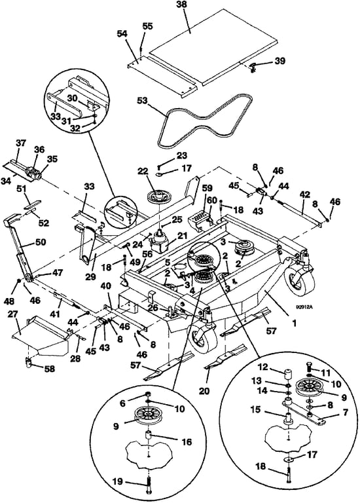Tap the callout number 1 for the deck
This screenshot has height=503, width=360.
294,324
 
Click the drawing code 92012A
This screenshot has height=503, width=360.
304,307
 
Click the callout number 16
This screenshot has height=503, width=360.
187,442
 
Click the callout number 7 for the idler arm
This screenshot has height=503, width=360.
345,412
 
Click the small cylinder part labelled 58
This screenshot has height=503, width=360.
29,363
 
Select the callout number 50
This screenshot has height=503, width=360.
41,242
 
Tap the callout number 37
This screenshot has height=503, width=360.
22,143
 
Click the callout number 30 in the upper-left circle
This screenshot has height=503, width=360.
73,98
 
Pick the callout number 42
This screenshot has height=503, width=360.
305,194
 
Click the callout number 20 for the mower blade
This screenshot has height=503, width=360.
204,391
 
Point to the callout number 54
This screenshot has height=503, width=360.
122,34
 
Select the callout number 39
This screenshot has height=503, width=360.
280,61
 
